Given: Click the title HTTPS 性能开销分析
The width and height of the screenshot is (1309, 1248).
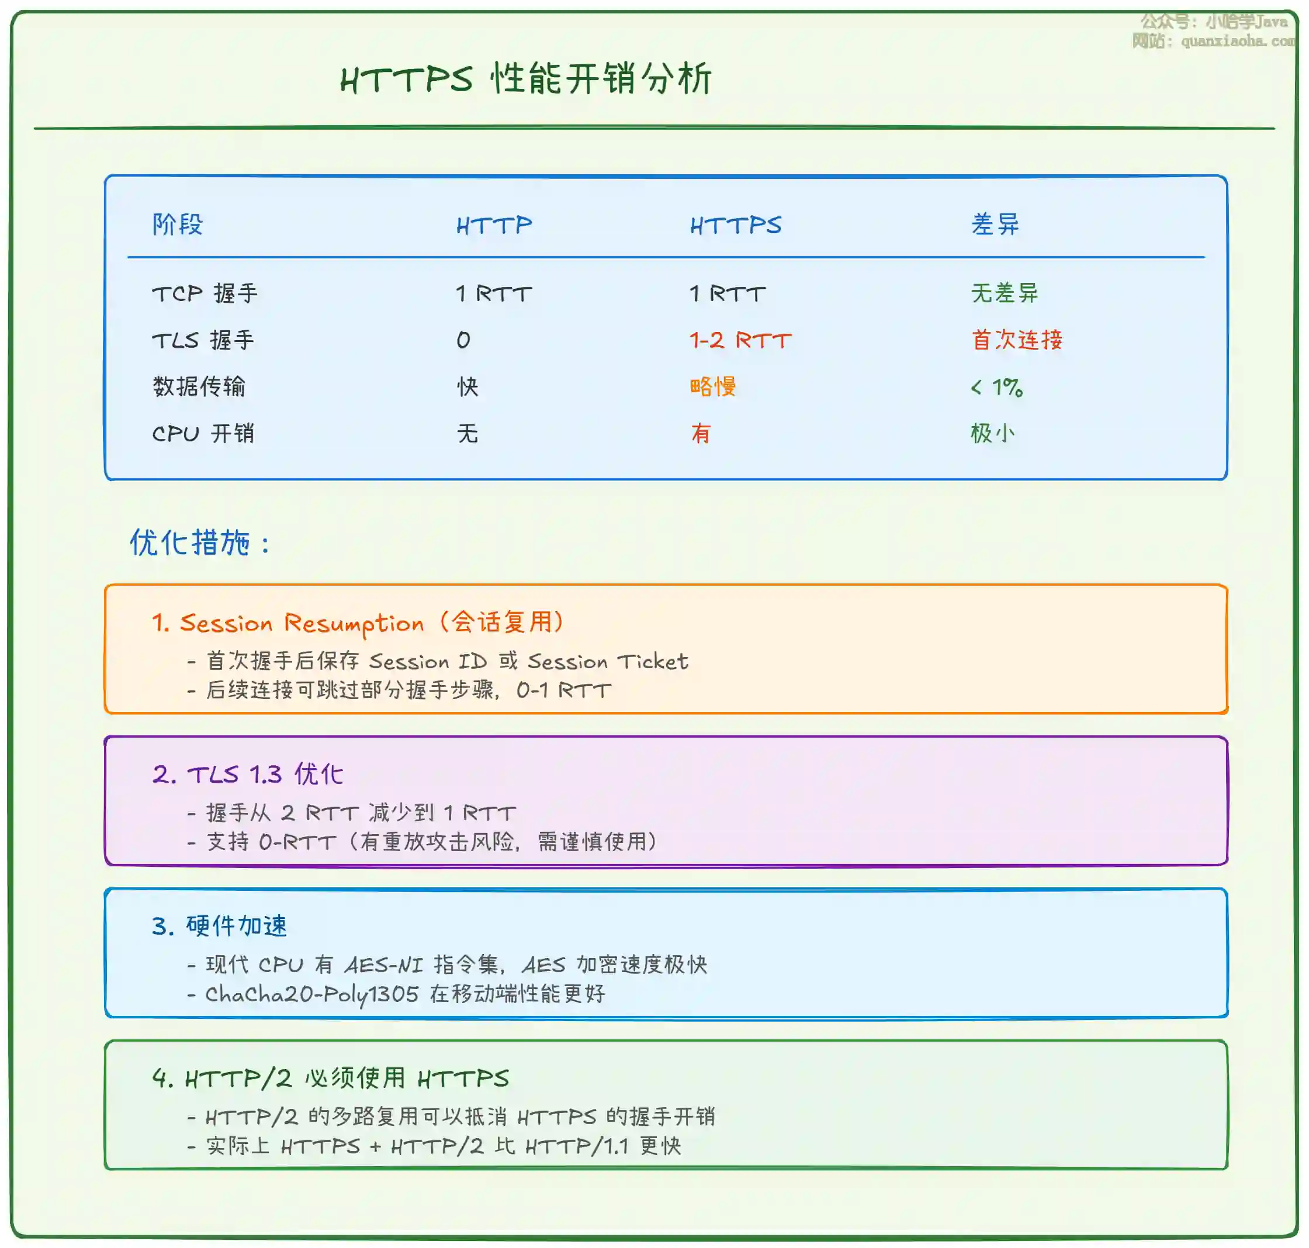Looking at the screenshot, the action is (525, 79).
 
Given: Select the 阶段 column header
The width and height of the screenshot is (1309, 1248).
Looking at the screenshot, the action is (178, 224).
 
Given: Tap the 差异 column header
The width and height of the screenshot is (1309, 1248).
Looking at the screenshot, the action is (995, 224).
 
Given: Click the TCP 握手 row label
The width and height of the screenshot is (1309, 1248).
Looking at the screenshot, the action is (205, 293).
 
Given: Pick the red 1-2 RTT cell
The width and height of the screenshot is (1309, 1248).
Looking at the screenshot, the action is (740, 340).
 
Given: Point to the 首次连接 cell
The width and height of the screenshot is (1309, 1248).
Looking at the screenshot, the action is (1017, 340).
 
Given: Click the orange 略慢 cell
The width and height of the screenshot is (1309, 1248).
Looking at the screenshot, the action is (713, 386).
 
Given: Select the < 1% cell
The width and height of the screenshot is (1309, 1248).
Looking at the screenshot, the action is (996, 387).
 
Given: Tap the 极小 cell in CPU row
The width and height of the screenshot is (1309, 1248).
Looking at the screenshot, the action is (992, 433).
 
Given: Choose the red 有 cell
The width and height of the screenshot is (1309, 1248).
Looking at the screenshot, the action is (701, 433).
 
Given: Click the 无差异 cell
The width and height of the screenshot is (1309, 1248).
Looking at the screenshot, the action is (1005, 293).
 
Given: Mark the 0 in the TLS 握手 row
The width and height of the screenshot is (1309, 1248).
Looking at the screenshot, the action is (463, 341).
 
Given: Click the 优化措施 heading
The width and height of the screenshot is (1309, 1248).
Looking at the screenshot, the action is (199, 543).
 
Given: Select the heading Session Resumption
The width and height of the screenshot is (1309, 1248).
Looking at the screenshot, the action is (302, 623).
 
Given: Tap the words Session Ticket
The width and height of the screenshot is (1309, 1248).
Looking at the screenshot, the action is (608, 661).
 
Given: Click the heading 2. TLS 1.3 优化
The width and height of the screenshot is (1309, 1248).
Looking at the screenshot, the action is (247, 775).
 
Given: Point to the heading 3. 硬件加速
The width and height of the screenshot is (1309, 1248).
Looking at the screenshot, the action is (220, 926).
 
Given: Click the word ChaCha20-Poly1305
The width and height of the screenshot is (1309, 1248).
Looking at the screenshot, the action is (312, 994).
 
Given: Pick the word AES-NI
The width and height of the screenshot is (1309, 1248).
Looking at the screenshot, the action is (384, 964).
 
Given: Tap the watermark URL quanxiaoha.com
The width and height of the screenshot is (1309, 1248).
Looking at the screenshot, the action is (1238, 42).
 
